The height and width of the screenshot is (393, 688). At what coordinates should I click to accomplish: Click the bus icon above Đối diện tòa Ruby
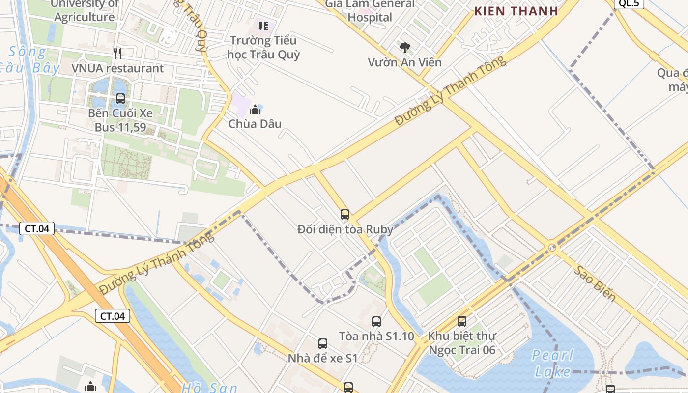tap(345, 215)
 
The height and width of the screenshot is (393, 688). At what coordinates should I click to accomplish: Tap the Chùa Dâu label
tap(255, 124)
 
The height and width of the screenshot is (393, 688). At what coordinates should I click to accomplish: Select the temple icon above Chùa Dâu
tap(255, 109)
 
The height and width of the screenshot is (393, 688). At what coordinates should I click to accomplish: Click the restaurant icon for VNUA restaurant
tap(117, 53)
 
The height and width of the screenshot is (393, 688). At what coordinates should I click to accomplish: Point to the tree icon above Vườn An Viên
tap(405, 48)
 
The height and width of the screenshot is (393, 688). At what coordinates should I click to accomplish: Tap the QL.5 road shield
tap(629, 4)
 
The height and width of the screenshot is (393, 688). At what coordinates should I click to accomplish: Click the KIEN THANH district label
tap(516, 11)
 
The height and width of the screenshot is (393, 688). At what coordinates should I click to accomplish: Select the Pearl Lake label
tap(553, 363)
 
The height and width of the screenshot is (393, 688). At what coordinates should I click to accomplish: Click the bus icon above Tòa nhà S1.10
tap(376, 322)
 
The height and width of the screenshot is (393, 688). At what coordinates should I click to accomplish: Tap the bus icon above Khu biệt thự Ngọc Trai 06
tap(462, 321)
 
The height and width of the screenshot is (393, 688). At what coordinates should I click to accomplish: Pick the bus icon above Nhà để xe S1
tap(323, 344)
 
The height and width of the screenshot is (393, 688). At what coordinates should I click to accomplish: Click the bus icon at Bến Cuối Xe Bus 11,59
tap(120, 99)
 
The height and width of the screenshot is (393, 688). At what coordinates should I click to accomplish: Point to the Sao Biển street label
tap(595, 283)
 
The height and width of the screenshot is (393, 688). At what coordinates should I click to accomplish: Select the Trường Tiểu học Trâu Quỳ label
tap(263, 47)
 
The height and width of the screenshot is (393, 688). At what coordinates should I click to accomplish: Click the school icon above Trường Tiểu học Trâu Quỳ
tap(263, 26)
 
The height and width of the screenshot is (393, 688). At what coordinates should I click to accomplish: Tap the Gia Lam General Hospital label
tap(370, 11)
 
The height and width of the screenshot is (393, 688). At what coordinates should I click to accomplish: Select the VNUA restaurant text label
tap(117, 68)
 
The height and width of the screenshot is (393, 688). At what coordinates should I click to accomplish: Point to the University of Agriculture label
tap(85, 11)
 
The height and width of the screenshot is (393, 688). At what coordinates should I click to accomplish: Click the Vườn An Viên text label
tap(405, 62)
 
